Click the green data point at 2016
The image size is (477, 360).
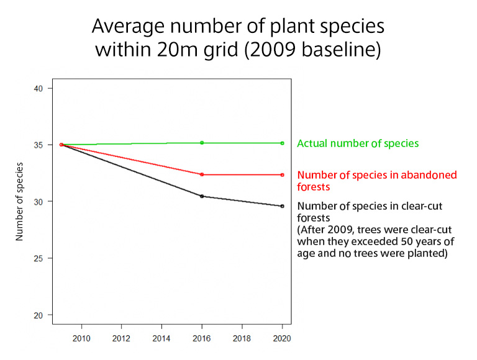pos(202,143)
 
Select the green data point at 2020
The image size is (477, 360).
pos(282,143)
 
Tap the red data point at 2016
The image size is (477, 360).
pos(202,174)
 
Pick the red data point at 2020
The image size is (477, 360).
pos(282,174)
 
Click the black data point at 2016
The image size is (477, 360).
pos(202,196)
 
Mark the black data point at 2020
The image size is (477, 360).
pos(282,206)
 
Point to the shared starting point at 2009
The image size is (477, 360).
pos(61,145)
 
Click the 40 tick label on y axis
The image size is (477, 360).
pos(38,88)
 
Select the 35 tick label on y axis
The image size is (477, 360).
pos(38,145)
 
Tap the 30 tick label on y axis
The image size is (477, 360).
pos(38,202)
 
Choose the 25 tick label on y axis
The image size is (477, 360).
pos(38,258)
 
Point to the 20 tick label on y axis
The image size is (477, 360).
pos(38,315)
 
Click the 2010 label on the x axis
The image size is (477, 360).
pos(81,338)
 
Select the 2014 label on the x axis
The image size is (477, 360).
pos(161,338)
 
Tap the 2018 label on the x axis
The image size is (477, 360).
pos(242,338)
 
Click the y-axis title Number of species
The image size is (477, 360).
pos(19,201)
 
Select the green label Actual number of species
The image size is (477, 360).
pos(358,143)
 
